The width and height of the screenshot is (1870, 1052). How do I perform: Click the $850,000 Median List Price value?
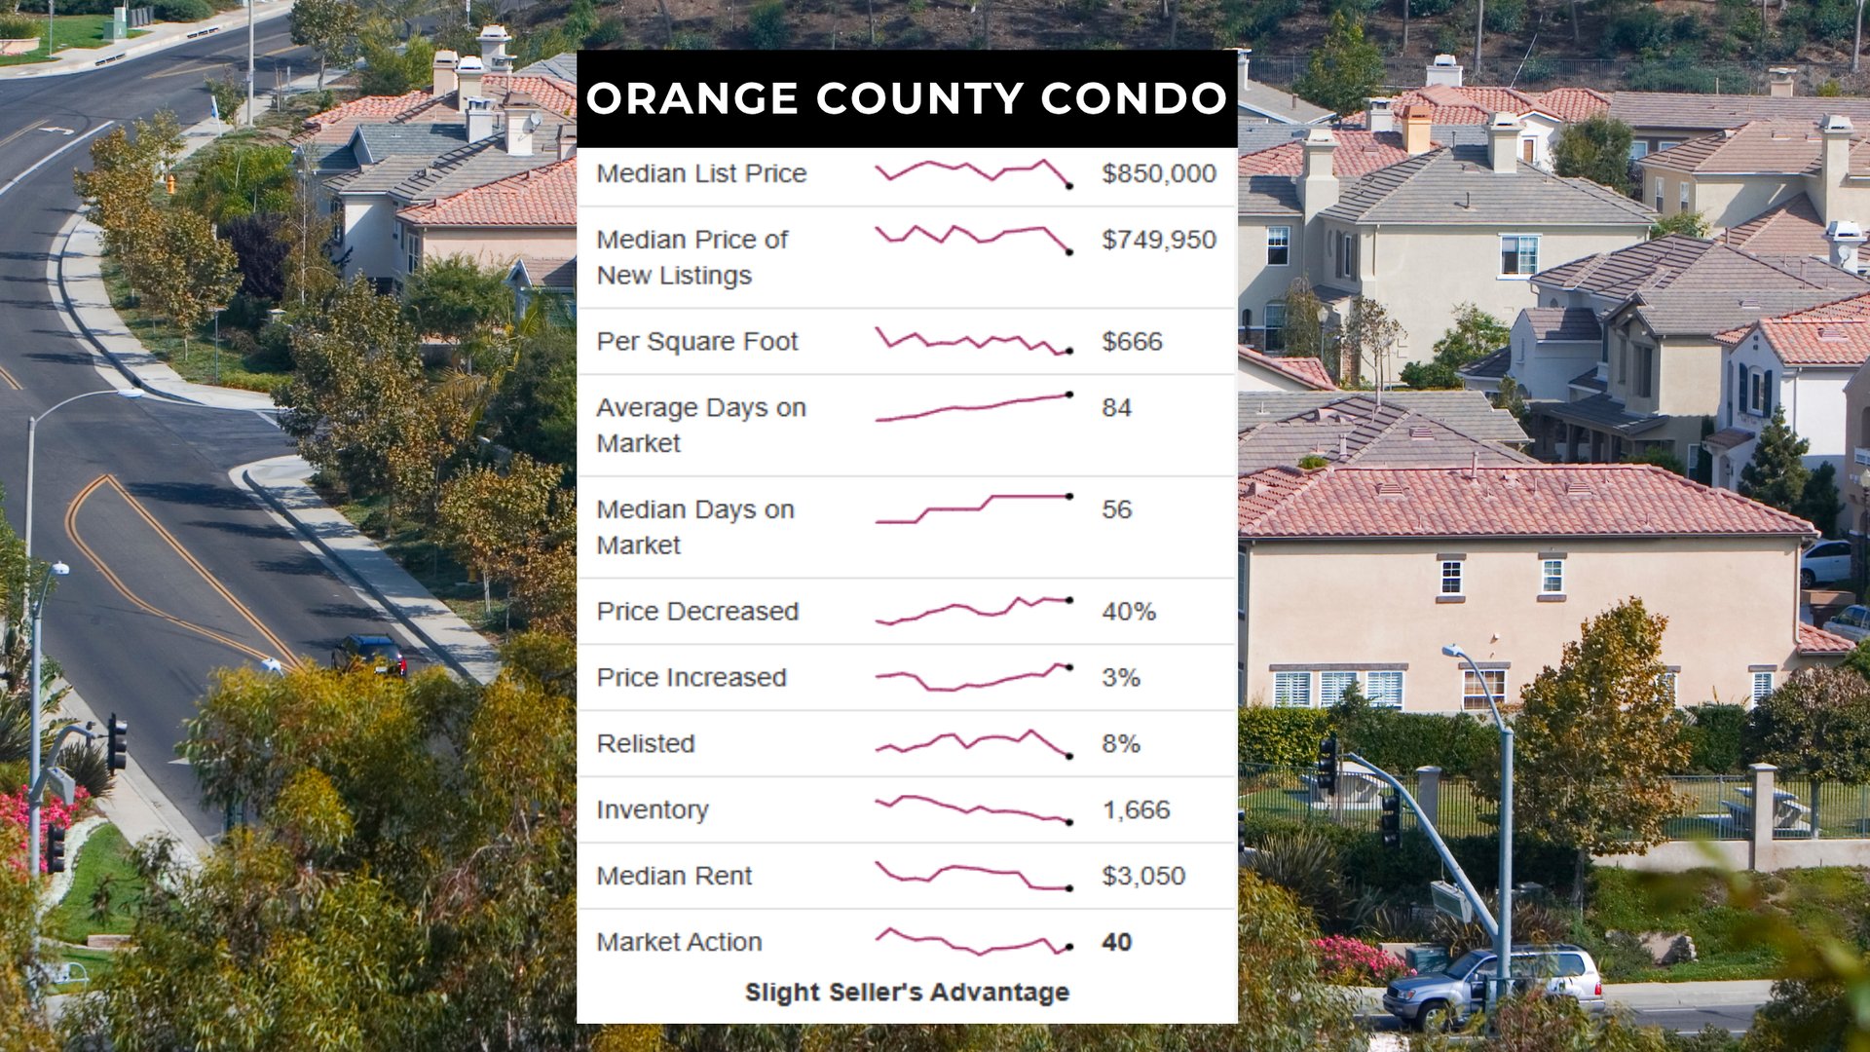click(1158, 173)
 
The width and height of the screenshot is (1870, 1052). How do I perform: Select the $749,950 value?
click(1158, 240)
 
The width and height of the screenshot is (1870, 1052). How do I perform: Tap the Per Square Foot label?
click(696, 342)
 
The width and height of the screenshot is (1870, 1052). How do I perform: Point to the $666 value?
click(1132, 342)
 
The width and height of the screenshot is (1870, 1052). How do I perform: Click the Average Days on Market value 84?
click(1116, 408)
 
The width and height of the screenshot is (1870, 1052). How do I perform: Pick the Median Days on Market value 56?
click(1116, 509)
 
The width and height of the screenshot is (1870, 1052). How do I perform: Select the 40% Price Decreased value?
click(1128, 612)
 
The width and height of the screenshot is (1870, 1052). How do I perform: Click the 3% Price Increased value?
click(1120, 678)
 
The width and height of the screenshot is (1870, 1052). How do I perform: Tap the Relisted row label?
click(645, 744)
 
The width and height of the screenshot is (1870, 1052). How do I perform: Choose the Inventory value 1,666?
click(1136, 810)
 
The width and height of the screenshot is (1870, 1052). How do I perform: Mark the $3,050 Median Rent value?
click(1142, 877)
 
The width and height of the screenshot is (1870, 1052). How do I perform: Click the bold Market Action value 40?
click(1116, 943)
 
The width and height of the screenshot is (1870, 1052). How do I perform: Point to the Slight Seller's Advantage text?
click(907, 993)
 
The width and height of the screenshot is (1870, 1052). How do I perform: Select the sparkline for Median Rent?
click(973, 877)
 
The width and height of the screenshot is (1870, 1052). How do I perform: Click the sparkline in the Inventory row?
click(973, 810)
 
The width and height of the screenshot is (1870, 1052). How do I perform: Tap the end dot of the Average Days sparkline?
click(1069, 394)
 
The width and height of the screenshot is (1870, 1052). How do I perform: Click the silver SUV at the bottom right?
click(1493, 986)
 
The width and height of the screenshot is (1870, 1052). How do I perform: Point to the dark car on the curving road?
click(369, 654)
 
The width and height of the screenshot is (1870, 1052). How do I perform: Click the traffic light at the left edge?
click(117, 742)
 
